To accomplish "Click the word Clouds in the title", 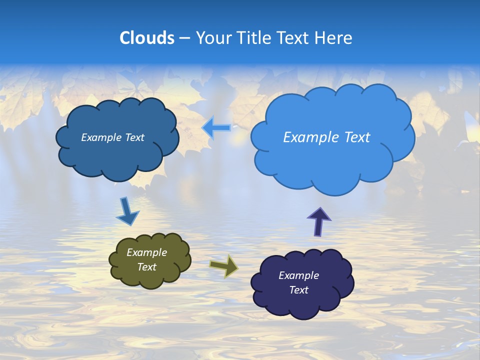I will click(146, 38).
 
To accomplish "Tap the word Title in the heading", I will click(254, 38).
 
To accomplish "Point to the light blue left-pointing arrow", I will click(216, 128).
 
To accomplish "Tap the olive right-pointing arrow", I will click(224, 265).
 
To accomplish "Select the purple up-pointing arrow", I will click(318, 221).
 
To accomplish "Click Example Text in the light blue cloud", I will click(326, 137).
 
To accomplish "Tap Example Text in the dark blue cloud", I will click(112, 137).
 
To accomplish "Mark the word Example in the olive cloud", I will click(146, 252).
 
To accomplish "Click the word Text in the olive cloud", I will click(146, 267).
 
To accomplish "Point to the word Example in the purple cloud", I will click(298, 275).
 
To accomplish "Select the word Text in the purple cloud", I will click(298, 290).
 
